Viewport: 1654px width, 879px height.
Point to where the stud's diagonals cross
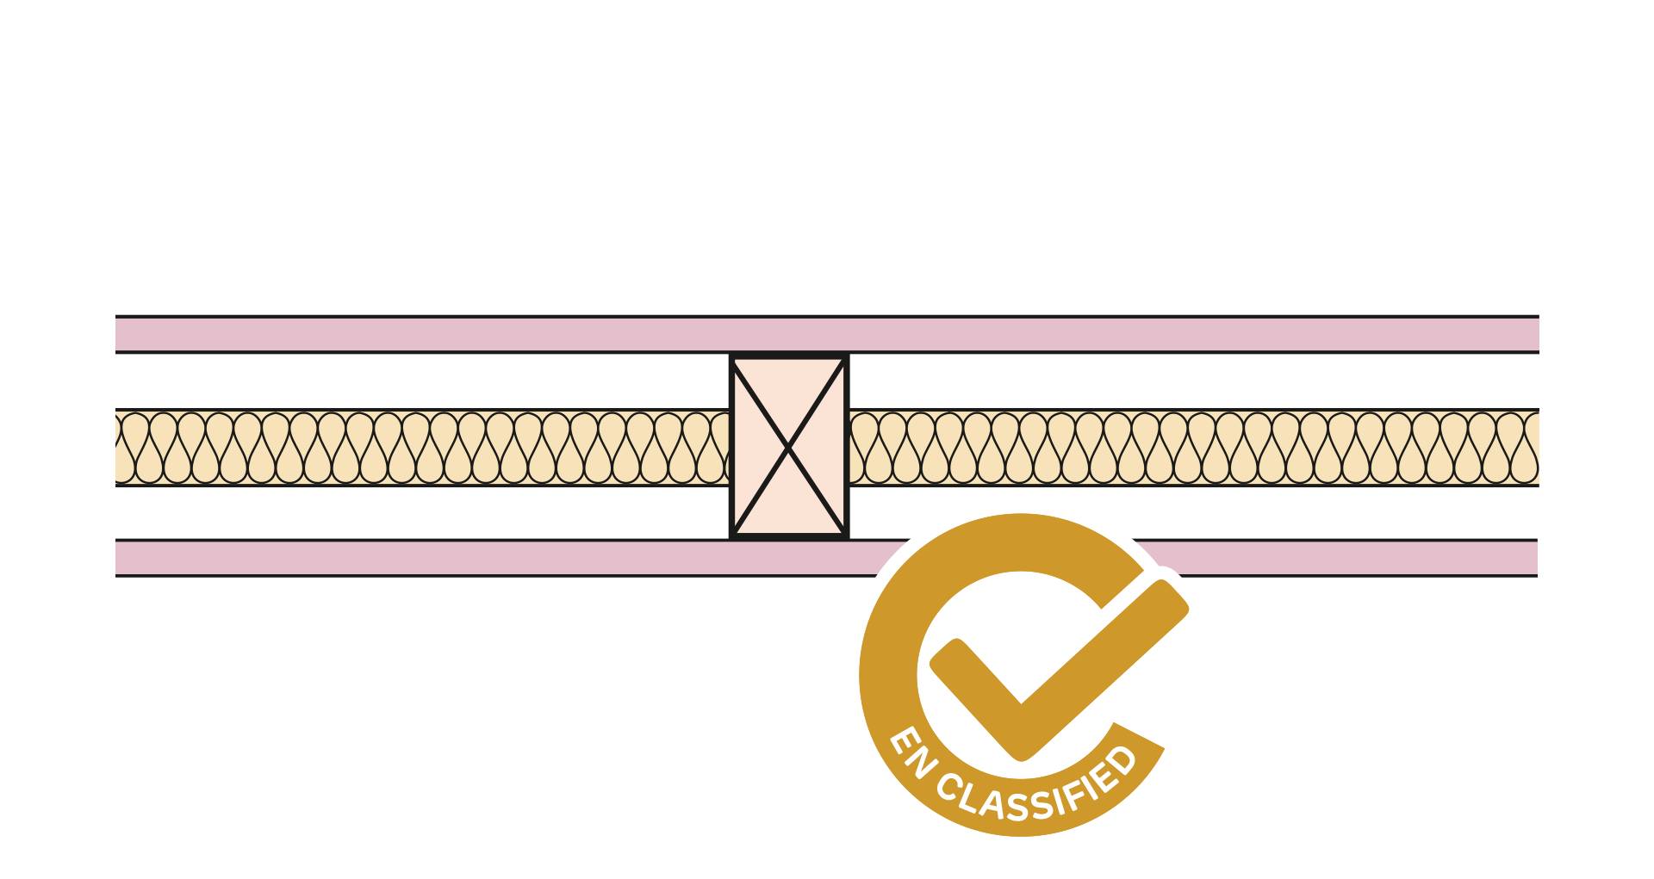point(789,447)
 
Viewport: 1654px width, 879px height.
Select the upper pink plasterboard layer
point(827,334)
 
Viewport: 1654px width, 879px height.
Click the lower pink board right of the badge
point(1361,558)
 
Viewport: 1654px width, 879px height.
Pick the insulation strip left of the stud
point(422,448)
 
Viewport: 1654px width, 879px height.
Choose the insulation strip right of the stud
point(1193,448)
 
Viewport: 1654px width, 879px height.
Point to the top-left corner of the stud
point(732,356)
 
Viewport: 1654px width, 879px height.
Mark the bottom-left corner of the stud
point(732,537)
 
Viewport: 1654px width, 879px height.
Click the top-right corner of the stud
point(847,356)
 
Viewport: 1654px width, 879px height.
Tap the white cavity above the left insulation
point(422,381)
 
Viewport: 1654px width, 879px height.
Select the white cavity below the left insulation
point(422,513)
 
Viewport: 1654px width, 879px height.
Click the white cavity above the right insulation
point(1193,381)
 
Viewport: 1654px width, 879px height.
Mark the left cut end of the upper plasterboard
point(117,334)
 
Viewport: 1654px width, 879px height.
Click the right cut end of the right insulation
point(1536,448)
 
